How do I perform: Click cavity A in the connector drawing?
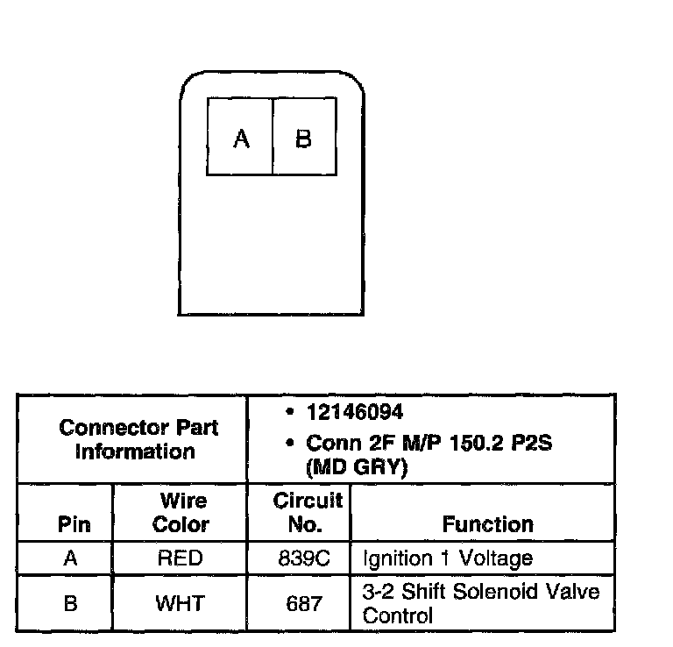[x=241, y=138]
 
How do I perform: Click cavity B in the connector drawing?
[x=303, y=138]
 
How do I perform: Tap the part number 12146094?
[x=356, y=412]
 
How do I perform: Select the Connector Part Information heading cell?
[x=138, y=440]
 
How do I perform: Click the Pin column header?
[x=74, y=524]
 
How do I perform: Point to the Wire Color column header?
[x=181, y=513]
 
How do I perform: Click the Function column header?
[x=487, y=524]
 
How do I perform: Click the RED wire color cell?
[x=180, y=558]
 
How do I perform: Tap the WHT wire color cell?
[x=180, y=604]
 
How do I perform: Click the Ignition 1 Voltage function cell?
[x=447, y=558]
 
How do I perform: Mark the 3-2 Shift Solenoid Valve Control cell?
[x=481, y=603]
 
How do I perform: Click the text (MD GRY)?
[x=357, y=468]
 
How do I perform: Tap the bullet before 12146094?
[x=289, y=412]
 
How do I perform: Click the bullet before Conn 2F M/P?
[x=289, y=444]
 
